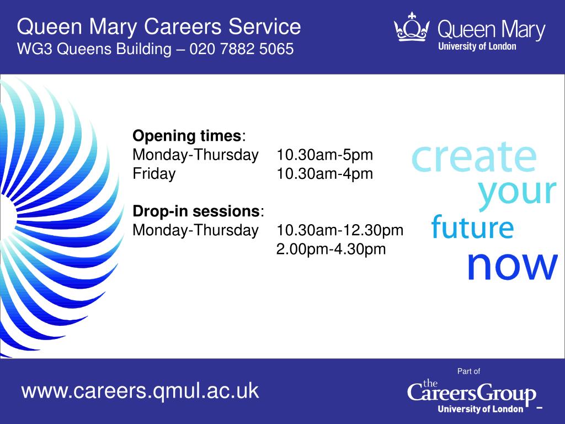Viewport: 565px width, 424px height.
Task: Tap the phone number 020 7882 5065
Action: pyautogui.click(x=242, y=49)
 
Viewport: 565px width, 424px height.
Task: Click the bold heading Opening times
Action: pyautogui.click(x=186, y=136)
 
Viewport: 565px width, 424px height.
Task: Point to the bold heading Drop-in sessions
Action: pyautogui.click(x=196, y=211)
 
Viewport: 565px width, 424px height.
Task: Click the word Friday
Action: pyautogui.click(x=154, y=174)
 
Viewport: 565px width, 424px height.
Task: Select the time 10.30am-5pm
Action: pyautogui.click(x=324, y=155)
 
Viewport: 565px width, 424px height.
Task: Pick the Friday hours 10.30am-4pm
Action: pyautogui.click(x=324, y=174)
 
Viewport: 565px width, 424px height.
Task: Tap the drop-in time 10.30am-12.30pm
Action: pyautogui.click(x=340, y=230)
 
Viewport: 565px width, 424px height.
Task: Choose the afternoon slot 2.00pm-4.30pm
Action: pyautogui.click(x=331, y=249)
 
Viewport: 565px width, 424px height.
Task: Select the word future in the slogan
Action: pyautogui.click(x=472, y=227)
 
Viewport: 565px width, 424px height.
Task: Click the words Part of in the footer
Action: pyautogui.click(x=468, y=371)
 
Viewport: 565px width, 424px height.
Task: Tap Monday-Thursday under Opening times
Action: pyautogui.click(x=196, y=155)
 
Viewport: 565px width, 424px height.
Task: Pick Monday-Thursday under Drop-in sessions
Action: pyautogui.click(x=196, y=230)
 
